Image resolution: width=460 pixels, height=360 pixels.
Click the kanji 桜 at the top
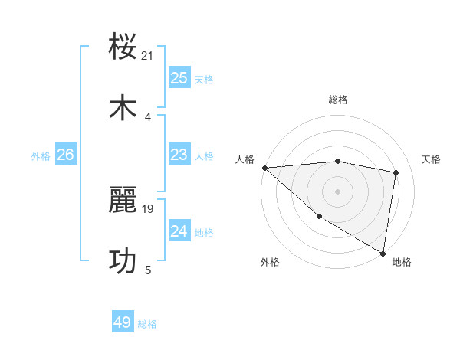tap(123, 47)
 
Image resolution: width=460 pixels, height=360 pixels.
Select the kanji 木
tap(123, 108)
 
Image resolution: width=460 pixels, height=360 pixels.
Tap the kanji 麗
tap(123, 201)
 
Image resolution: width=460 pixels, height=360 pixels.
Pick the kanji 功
tap(123, 261)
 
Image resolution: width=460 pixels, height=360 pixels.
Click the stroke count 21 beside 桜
tap(148, 55)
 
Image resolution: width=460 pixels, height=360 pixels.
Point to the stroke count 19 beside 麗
tap(148, 208)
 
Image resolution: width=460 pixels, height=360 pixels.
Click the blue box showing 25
tap(179, 77)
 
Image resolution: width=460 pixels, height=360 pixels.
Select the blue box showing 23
tap(179, 155)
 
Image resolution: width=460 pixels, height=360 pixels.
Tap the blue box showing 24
tap(179, 231)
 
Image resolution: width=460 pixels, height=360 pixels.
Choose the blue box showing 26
tap(65, 155)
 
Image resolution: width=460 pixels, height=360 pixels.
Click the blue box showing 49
tap(123, 322)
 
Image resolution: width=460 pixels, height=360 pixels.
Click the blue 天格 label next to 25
tap(204, 79)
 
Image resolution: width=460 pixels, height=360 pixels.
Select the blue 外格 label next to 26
tap(41, 156)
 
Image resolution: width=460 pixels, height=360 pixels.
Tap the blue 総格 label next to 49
tap(147, 324)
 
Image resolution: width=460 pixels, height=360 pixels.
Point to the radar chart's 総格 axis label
tap(338, 100)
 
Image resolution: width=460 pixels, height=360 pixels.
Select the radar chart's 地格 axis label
tap(402, 262)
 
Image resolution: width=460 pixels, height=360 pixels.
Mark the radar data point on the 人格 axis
tap(264, 168)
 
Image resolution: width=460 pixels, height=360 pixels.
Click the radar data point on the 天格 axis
tap(396, 172)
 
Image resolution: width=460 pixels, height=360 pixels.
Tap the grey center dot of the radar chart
tap(337, 191)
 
